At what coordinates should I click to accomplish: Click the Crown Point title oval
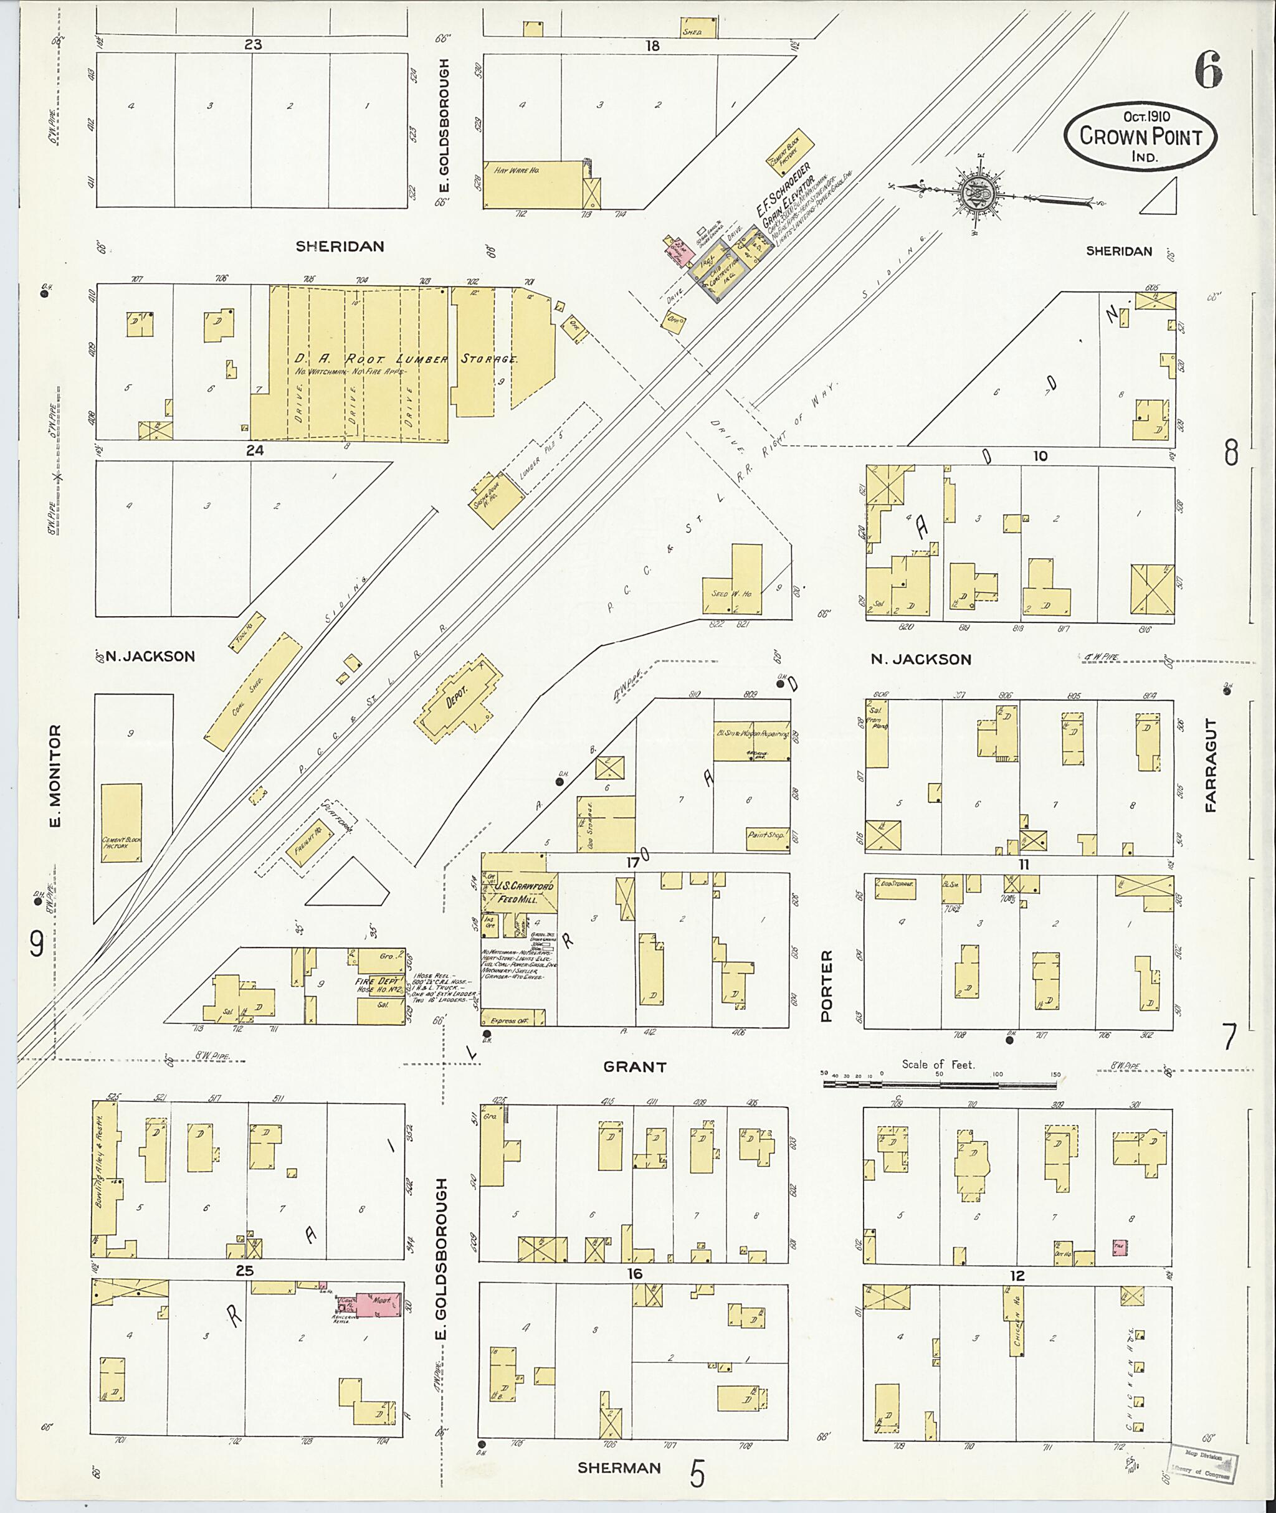(1140, 136)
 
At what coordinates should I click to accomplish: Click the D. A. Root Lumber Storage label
(405, 359)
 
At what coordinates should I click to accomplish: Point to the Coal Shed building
(252, 691)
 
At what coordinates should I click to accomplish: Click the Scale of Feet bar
(939, 1085)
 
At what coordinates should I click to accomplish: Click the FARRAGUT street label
(1211, 765)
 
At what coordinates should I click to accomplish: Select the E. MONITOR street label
(55, 775)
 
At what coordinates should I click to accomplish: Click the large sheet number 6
(1207, 71)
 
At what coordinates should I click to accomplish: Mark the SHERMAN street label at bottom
(619, 1468)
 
